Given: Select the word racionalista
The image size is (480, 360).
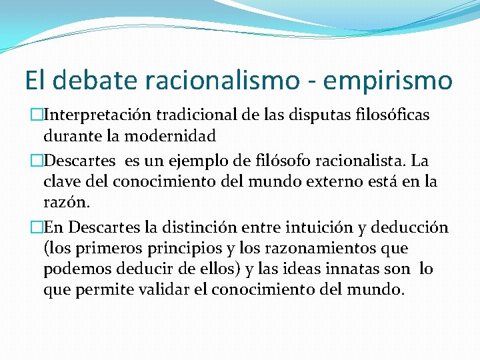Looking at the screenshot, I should (x=349, y=160).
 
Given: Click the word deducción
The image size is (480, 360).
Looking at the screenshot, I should (x=410, y=227).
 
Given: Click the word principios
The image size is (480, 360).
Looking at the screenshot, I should (x=173, y=248).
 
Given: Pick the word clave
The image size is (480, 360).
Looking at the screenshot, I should (x=63, y=181).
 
